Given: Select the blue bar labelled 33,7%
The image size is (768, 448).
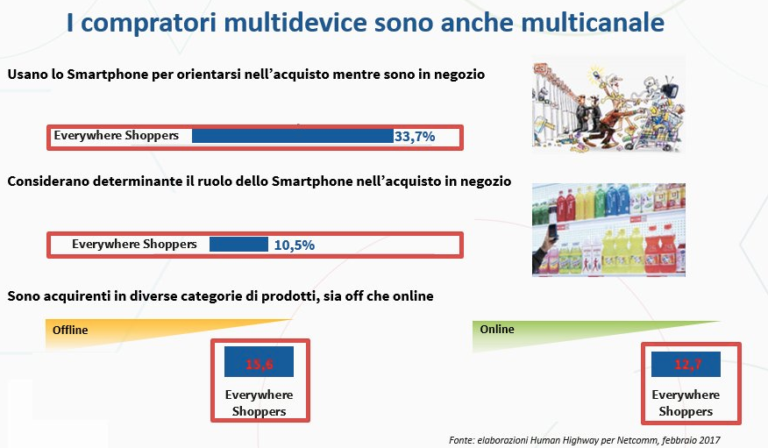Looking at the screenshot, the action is point(293,136).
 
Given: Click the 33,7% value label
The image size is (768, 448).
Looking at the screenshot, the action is point(415,137).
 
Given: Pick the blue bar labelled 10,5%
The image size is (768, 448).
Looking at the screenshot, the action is point(238,245).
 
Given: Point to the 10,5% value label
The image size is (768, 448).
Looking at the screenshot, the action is point(294,245).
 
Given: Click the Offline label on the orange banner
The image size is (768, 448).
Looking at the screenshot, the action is point(70,330).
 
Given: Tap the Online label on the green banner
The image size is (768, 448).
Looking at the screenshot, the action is point(497,329).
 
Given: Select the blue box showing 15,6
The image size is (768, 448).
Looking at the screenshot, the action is point(260,362).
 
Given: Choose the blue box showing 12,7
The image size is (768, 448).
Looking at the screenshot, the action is point(686,365).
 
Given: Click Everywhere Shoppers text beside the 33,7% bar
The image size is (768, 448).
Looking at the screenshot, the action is point(116,136).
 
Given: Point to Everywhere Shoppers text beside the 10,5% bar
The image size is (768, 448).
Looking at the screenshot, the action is point(134,244).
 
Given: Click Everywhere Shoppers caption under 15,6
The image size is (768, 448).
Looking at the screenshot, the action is point(260,403).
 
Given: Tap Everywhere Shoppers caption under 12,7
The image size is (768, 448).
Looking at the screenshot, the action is point(686,403).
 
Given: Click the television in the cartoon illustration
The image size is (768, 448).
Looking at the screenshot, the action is point(670,89).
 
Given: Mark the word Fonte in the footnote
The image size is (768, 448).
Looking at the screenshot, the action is point(461,440).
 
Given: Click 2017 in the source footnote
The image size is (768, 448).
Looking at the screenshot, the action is point(709,440).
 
